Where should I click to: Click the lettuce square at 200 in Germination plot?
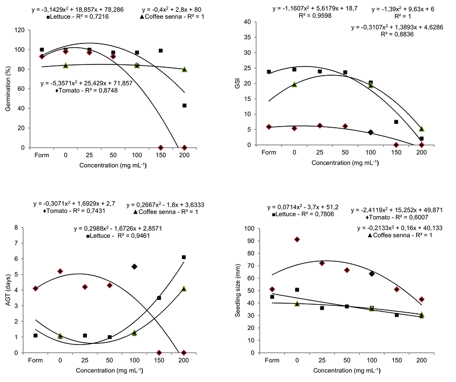pyautogui.click(x=185, y=106)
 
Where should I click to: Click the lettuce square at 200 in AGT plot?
pyautogui.click(x=184, y=258)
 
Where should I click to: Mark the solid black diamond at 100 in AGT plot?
pyautogui.click(x=135, y=267)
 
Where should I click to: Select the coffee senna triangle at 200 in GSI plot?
pyautogui.click(x=422, y=129)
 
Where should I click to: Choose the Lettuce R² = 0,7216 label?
pyautogui.click(x=77, y=17)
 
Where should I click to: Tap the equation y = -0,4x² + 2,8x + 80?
pyautogui.click(x=172, y=10)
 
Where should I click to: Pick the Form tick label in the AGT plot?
pyautogui.click(x=35, y=361)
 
